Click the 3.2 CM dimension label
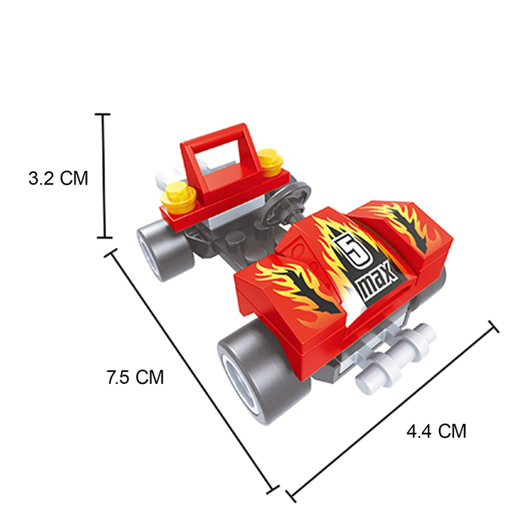58,178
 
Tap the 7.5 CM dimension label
135,377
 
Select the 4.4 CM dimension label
437,432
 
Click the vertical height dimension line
104,176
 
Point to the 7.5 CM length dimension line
192,370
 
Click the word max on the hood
377,283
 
